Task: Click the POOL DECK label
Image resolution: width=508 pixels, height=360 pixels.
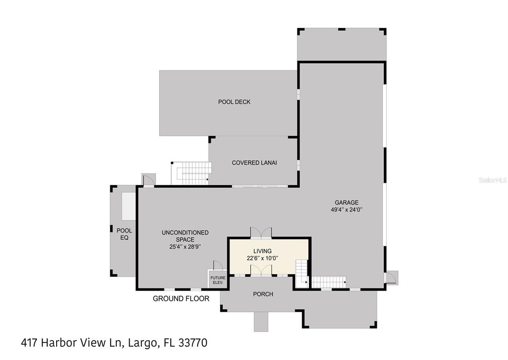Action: pos(234,102)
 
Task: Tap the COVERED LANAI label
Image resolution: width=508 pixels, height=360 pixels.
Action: pos(254,163)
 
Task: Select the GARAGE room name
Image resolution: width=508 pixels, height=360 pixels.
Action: pos(346,203)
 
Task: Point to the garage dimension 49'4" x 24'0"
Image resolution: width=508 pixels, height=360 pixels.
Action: pos(346,210)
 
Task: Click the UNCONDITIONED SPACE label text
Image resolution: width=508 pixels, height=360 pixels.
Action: pos(185,236)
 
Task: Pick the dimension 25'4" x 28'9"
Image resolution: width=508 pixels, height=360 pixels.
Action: pos(185,246)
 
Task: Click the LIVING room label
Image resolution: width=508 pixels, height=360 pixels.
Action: pos(262,251)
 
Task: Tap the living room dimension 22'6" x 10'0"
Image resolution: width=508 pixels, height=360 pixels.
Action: pos(262,258)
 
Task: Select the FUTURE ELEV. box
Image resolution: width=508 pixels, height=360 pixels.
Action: pos(218,280)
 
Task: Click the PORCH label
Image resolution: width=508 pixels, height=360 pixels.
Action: pos(263,294)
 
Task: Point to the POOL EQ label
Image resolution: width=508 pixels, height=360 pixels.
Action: pos(124,234)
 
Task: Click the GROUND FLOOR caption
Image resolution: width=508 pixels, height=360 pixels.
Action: pos(181,298)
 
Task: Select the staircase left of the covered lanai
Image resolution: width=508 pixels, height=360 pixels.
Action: pos(191,172)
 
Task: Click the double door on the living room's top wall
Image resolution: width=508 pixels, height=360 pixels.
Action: pos(261,232)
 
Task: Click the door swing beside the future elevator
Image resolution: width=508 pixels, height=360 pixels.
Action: pos(217,265)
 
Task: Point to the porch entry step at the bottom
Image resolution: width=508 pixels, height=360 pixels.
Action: pos(261,321)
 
